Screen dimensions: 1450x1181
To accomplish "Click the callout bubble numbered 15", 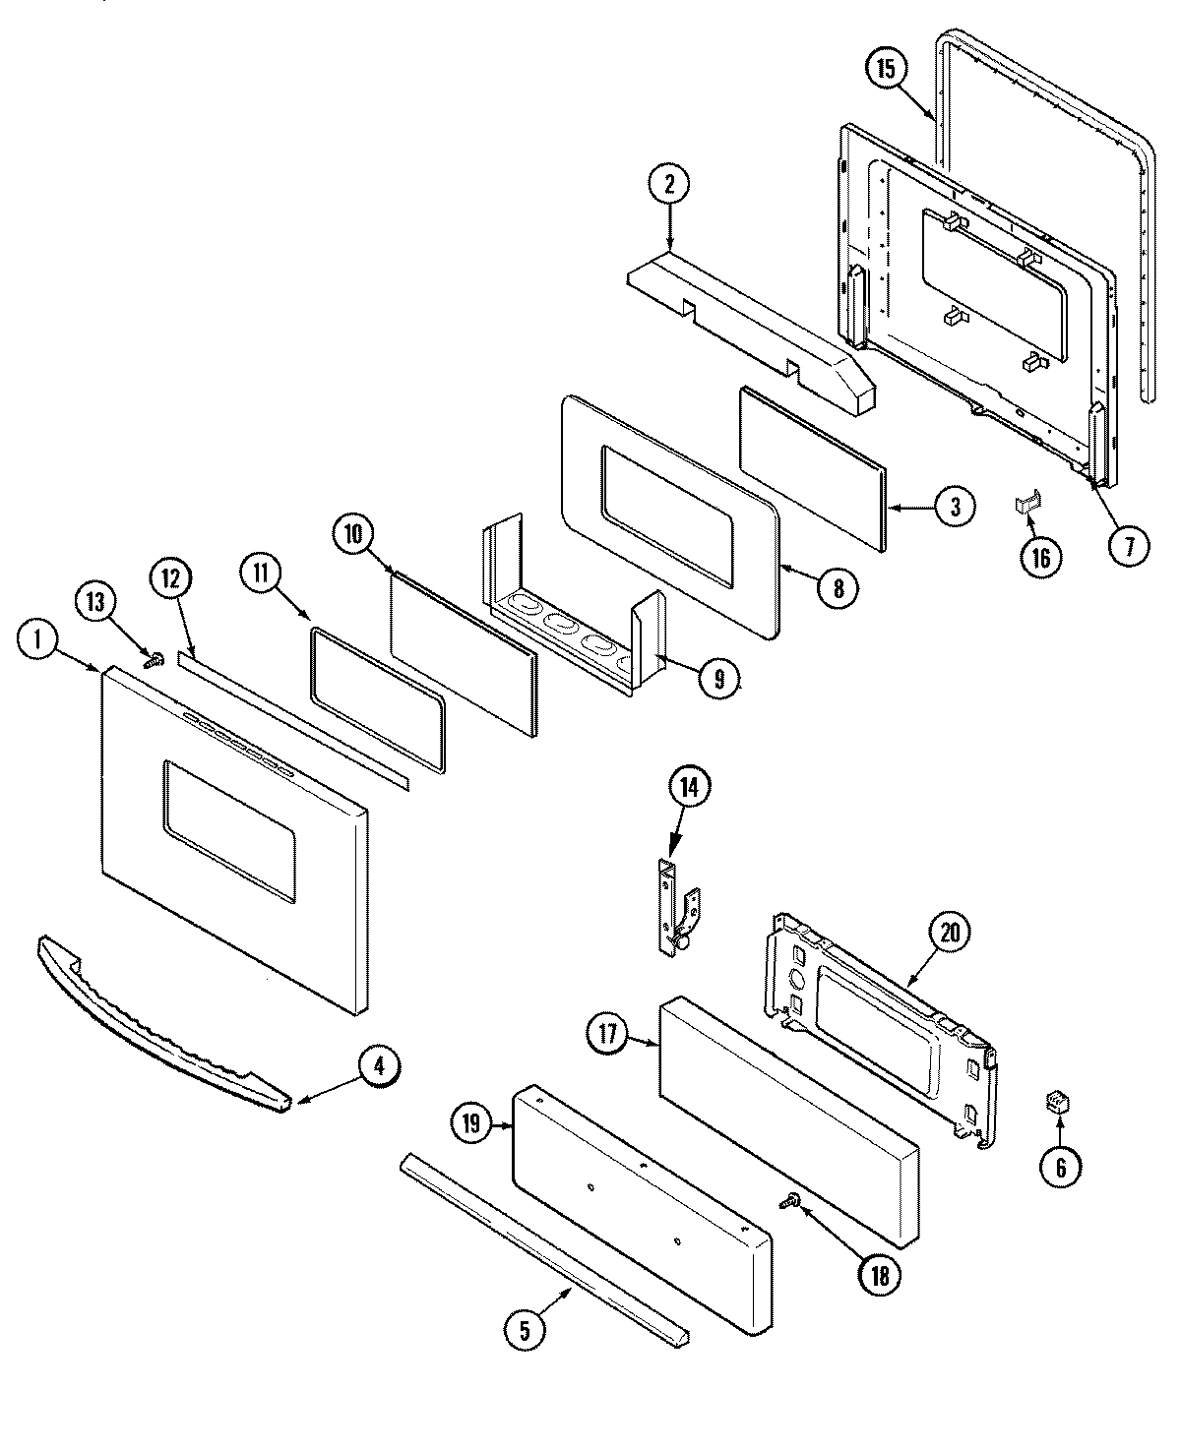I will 886,69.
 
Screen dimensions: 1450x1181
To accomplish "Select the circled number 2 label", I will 669,184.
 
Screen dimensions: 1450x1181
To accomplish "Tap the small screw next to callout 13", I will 153,661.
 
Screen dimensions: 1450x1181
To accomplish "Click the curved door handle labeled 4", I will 148,1023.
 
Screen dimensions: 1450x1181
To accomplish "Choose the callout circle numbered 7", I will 1129,545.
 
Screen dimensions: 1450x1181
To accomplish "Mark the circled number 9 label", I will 719,678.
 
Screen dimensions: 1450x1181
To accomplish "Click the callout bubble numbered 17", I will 608,1034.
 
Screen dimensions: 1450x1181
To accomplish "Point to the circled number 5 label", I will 524,1330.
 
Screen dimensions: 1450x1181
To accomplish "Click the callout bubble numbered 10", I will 353,534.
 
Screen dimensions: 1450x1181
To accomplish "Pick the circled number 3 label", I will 956,507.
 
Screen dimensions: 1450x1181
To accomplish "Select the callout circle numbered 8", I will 838,587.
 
